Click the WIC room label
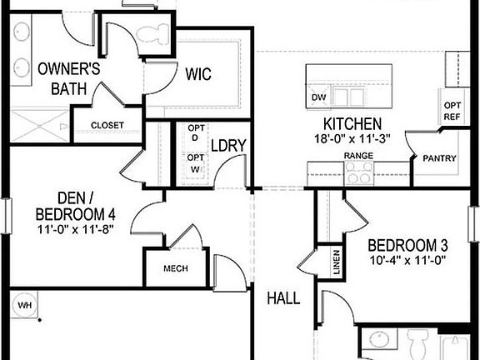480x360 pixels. (198, 74)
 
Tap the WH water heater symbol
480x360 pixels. (24, 305)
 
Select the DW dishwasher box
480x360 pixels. (318, 97)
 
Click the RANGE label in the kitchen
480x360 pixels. (358, 156)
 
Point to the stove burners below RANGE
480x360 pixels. (359, 173)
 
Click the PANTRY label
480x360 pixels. (439, 158)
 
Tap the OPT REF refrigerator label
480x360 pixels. (452, 111)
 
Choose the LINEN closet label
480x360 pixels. (337, 262)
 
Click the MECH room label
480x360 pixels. (176, 268)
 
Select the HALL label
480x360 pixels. (283, 298)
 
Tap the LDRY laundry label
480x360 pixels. (228, 145)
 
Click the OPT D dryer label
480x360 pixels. (196, 132)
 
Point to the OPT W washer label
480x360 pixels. (195, 163)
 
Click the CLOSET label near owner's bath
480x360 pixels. (107, 125)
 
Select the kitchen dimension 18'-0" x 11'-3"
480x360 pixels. (352, 138)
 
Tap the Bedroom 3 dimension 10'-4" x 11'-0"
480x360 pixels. (407, 261)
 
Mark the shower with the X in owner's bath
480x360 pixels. (39, 126)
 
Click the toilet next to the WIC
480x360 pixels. (152, 33)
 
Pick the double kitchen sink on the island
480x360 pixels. (349, 97)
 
